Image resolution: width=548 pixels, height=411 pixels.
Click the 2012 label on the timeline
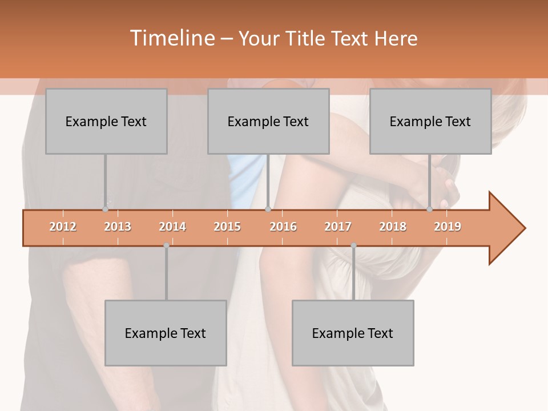[63, 227]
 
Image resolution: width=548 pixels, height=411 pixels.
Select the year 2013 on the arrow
[118, 227]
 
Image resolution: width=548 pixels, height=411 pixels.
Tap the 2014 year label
[172, 227]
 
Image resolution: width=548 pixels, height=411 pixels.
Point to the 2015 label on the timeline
[227, 227]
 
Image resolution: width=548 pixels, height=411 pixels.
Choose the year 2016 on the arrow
[283, 227]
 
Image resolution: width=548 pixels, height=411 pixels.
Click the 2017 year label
[338, 227]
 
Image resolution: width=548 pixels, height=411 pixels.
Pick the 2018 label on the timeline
[393, 227]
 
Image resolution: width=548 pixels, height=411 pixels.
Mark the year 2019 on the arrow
[448, 227]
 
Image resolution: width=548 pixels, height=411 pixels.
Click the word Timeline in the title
[171, 38]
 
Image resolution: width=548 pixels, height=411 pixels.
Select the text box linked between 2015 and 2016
[268, 121]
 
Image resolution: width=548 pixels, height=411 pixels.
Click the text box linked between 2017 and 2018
[353, 333]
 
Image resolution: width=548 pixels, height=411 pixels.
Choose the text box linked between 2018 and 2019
[430, 121]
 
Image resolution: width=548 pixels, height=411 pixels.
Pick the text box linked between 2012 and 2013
[106, 121]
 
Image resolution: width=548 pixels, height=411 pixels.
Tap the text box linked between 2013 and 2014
[166, 333]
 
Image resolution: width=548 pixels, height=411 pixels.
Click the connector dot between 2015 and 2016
[268, 209]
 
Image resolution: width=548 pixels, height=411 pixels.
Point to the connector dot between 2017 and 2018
[353, 245]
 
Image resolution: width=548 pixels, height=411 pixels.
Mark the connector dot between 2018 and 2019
[430, 209]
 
